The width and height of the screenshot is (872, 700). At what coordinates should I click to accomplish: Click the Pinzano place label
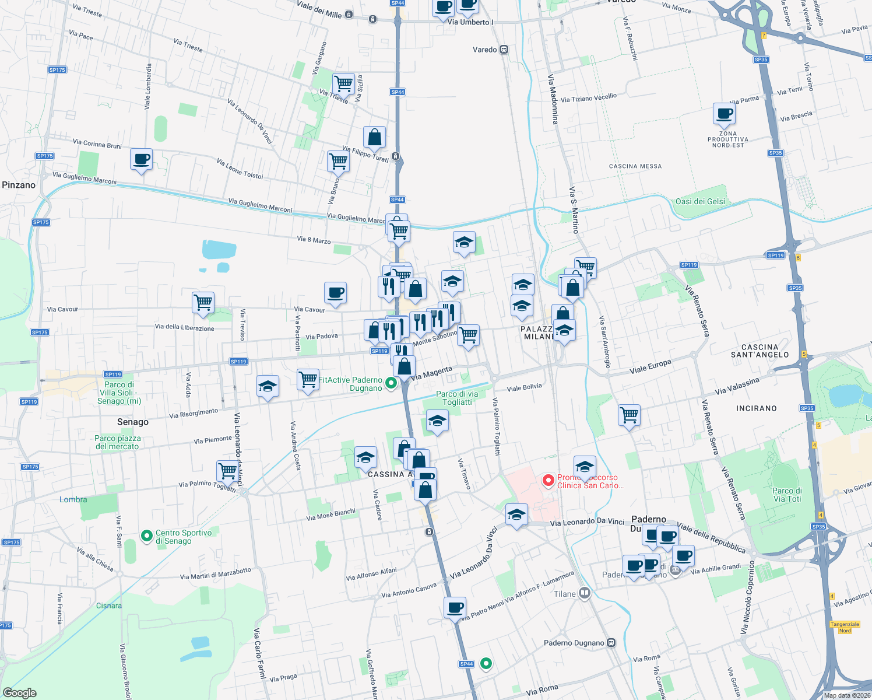point(19,185)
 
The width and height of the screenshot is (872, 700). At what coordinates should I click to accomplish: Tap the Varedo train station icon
point(504,50)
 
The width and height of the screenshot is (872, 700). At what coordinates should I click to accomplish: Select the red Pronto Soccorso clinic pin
point(548,481)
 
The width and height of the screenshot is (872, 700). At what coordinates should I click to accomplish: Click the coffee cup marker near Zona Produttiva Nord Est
point(724,114)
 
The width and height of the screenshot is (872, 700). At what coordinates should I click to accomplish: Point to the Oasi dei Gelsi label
point(700,201)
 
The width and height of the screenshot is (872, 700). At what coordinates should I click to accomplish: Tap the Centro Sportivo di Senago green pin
point(147,534)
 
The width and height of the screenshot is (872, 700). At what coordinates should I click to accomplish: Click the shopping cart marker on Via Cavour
point(203,303)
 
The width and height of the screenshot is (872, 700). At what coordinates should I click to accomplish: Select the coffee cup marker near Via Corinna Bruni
point(141,159)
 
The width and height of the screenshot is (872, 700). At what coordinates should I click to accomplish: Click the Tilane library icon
point(585,594)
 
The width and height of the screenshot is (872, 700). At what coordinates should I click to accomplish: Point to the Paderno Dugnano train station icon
point(611,643)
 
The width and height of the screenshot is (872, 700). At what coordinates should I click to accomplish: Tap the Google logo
point(20,692)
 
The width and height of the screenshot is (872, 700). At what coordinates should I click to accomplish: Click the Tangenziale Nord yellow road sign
point(845,627)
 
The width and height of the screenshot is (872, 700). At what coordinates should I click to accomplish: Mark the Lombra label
point(73,499)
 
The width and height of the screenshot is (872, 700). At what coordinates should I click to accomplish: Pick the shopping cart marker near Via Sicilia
point(343,83)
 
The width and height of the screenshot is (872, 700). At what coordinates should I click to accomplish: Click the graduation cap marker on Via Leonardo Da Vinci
point(516,514)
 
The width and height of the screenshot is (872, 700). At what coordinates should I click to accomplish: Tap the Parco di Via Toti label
point(787,495)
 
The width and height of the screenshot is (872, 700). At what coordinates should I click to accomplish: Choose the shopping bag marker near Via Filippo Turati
point(374,137)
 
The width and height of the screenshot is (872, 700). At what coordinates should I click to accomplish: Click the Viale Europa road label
point(650,367)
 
